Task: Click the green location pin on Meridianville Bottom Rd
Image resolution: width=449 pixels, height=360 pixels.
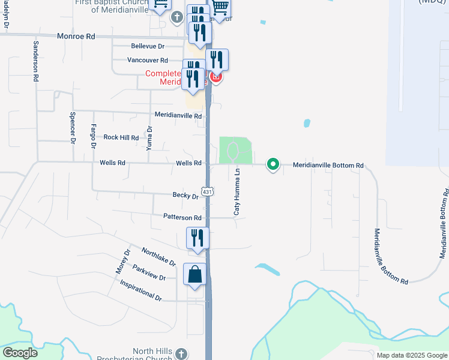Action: [273, 164]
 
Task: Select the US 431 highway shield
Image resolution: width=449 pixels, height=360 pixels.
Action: [206, 191]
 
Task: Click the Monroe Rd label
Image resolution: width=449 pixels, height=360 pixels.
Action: [76, 37]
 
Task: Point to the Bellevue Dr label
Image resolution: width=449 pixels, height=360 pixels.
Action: [148, 46]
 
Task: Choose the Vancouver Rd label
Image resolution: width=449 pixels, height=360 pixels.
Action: [147, 60]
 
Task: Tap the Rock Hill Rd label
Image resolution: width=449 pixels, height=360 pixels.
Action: [121, 137]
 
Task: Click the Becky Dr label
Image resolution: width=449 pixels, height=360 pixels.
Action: [185, 196]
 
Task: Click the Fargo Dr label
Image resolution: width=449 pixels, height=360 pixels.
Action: [93, 137]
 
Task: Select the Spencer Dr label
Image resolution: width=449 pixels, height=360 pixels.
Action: [73, 128]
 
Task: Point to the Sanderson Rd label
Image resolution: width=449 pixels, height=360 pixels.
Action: [36, 61]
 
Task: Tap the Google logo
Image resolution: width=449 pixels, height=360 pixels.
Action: [19, 353]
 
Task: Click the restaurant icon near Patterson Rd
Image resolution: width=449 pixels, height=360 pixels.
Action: [197, 239]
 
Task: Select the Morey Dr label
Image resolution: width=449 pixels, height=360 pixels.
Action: [123, 262]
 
